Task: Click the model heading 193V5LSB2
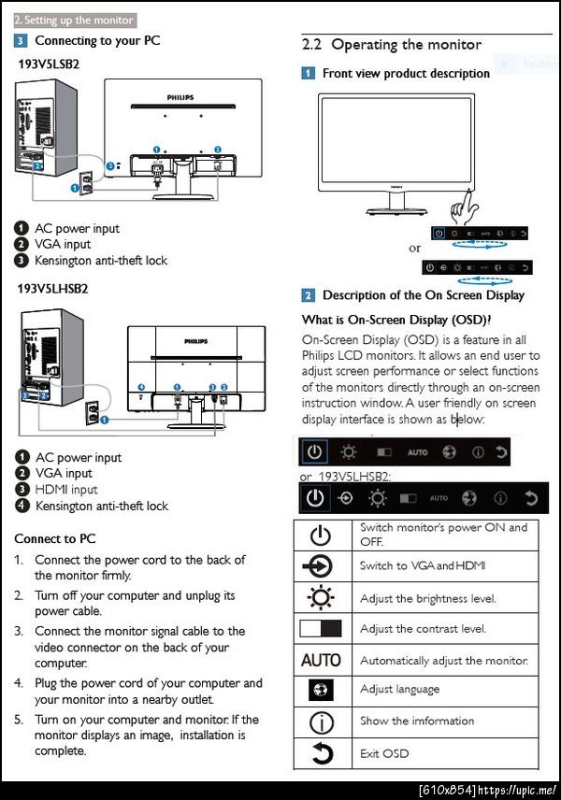(x=49, y=64)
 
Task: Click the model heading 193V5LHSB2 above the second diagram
(x=52, y=289)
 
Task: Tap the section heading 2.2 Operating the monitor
(x=392, y=45)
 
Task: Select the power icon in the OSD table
(x=321, y=536)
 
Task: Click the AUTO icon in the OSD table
(x=321, y=660)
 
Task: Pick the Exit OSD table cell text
(x=384, y=753)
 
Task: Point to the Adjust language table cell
(x=399, y=690)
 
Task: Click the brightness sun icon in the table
(x=321, y=597)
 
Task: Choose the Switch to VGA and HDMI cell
(x=422, y=566)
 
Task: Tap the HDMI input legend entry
(x=65, y=490)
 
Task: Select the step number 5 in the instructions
(x=19, y=720)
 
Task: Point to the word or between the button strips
(x=415, y=249)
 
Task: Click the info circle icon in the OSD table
(x=321, y=722)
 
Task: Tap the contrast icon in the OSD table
(x=321, y=629)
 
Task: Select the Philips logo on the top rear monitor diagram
(x=181, y=96)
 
